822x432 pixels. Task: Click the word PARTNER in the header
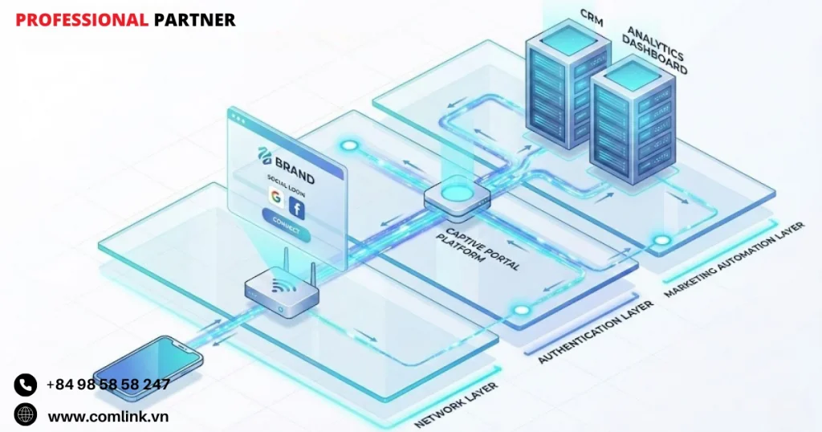click(x=194, y=20)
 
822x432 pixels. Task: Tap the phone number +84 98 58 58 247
click(x=108, y=384)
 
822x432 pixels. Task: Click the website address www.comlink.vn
click(x=108, y=416)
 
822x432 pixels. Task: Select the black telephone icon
click(x=26, y=385)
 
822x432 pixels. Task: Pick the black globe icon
click(x=26, y=415)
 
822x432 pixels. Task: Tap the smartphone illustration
click(x=149, y=369)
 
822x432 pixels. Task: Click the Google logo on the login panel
click(x=275, y=198)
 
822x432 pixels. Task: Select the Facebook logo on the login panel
click(x=298, y=210)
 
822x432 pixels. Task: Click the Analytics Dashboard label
click(x=657, y=51)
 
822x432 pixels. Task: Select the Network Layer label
click(x=454, y=406)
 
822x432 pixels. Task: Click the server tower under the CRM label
click(x=559, y=88)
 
